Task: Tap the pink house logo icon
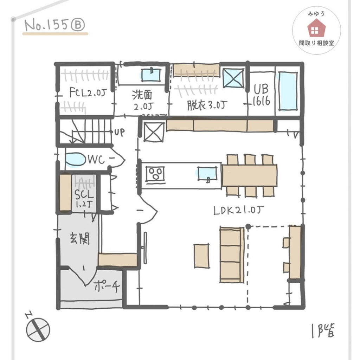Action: pos(316,28)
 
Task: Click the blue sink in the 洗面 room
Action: pos(150,75)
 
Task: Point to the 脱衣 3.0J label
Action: pos(207,105)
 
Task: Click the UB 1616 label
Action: pos(261,95)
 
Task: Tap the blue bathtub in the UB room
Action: pos(288,91)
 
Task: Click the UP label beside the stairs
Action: pos(120,132)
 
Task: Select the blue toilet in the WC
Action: pos(75,159)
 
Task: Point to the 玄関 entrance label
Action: pos(79,238)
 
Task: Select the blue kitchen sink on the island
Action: pos(207,174)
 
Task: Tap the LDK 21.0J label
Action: pos(239,210)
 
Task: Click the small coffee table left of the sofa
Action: pos(201,256)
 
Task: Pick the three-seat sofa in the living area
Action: pos(232,255)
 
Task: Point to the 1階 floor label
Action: pos(323,330)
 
